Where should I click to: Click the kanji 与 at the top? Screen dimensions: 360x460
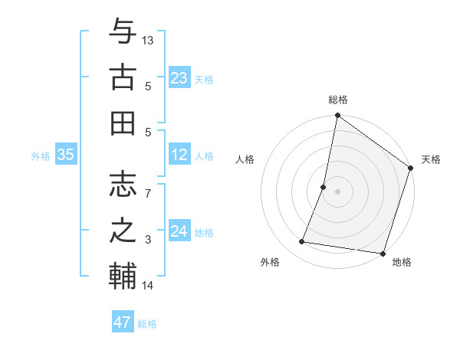[123, 32]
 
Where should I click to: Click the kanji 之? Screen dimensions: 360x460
[123, 230]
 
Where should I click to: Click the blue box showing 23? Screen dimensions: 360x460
[179, 78]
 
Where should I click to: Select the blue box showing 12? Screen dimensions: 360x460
[179, 155]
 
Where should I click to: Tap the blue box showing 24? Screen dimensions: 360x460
[179, 231]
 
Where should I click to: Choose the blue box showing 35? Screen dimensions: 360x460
[65, 155]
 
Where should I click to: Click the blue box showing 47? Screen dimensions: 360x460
[123, 322]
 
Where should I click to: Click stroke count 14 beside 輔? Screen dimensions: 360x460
[148, 286]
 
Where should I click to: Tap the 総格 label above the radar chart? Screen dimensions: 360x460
[338, 100]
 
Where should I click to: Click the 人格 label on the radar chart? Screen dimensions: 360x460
[245, 159]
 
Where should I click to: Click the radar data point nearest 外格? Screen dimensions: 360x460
[302, 242]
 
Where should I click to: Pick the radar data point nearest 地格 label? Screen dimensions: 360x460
[383, 254]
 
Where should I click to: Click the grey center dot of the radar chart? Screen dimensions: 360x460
[337, 191]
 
